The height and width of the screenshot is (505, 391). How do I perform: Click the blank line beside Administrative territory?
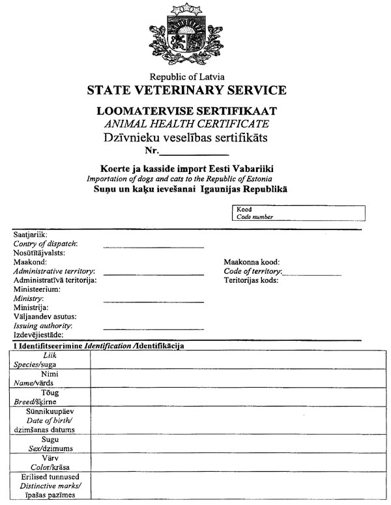coord(153,273)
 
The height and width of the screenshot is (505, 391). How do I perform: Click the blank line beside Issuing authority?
coord(153,328)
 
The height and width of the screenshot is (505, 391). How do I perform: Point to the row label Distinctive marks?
coord(49,487)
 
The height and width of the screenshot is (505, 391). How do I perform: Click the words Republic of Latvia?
coord(186,76)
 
